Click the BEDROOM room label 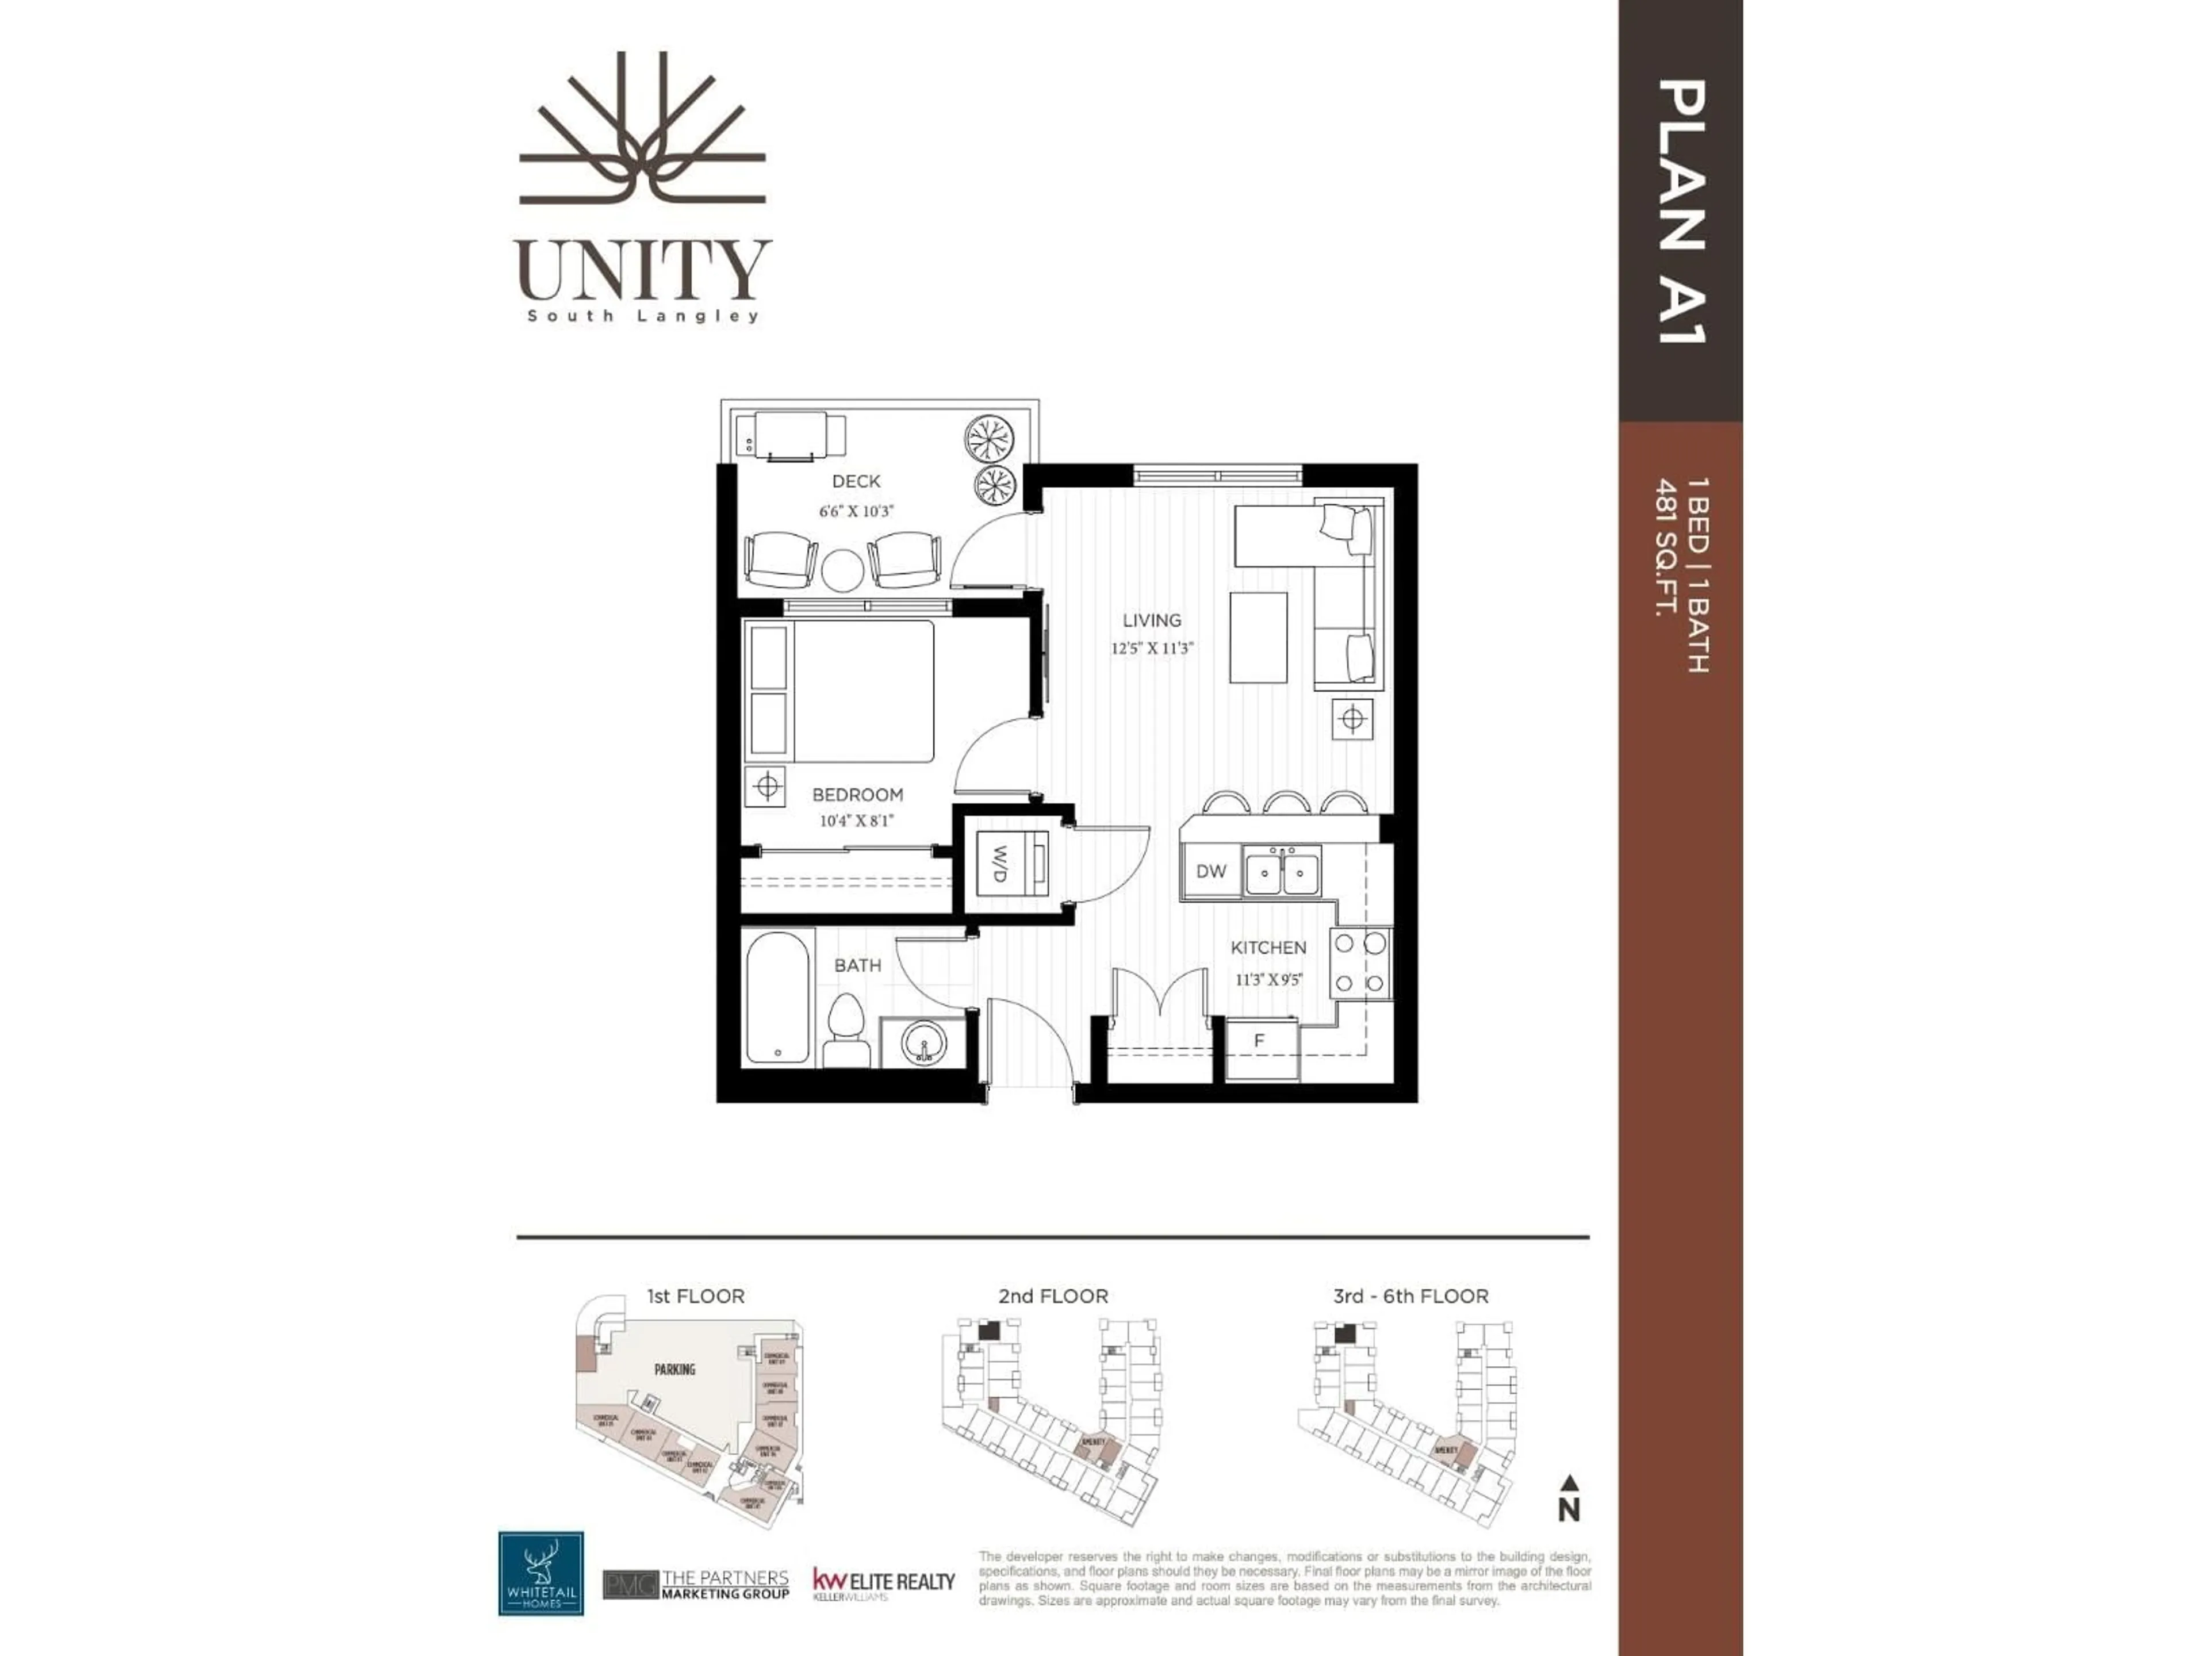pyautogui.click(x=857, y=795)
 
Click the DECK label pyautogui.click(x=856, y=481)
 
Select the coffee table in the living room pyautogui.click(x=1258, y=637)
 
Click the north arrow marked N pyautogui.click(x=1568, y=1499)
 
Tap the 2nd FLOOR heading pyautogui.click(x=1053, y=1295)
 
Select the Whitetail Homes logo pyautogui.click(x=541, y=1573)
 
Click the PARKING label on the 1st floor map pyautogui.click(x=675, y=1370)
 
